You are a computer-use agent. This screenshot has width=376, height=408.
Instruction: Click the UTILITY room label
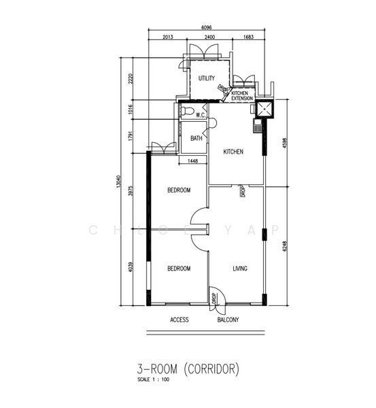pyautogui.click(x=207, y=78)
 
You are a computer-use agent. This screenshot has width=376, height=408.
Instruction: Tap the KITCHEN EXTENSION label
pyautogui.click(x=242, y=96)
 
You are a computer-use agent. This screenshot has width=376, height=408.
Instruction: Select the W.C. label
pyautogui.click(x=201, y=115)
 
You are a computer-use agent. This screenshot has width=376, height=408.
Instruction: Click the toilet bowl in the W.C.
pyautogui.click(x=188, y=111)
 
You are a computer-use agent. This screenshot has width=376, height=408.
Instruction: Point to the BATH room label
pyautogui.click(x=196, y=138)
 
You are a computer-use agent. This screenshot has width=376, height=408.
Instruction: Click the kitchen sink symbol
pyautogui.click(x=258, y=126)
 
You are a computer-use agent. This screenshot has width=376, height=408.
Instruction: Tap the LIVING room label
pyautogui.click(x=240, y=269)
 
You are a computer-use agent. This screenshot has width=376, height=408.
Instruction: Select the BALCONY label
pyautogui.click(x=228, y=320)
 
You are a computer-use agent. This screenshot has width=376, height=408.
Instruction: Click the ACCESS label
pyautogui.click(x=180, y=320)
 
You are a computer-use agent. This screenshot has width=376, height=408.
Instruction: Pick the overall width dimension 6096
pyautogui.click(x=207, y=27)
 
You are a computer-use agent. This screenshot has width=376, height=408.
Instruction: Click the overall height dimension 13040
pyautogui.click(x=119, y=182)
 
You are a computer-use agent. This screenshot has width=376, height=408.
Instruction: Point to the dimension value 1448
pyautogui.click(x=192, y=161)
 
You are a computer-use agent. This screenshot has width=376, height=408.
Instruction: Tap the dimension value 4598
pyautogui.click(x=285, y=143)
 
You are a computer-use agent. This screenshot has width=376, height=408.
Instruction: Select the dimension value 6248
pyautogui.click(x=285, y=246)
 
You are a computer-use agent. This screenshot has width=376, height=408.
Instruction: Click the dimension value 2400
pyautogui.click(x=209, y=37)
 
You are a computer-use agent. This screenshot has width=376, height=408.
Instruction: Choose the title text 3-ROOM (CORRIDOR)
pyautogui.click(x=188, y=369)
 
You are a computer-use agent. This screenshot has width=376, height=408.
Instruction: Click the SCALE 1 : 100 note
pyautogui.click(x=153, y=379)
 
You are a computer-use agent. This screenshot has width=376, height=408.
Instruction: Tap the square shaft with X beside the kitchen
pyautogui.click(x=264, y=109)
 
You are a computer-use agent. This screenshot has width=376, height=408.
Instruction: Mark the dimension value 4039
pyautogui.click(x=131, y=267)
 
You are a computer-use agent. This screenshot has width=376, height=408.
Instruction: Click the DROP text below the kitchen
pyautogui.click(x=243, y=191)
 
